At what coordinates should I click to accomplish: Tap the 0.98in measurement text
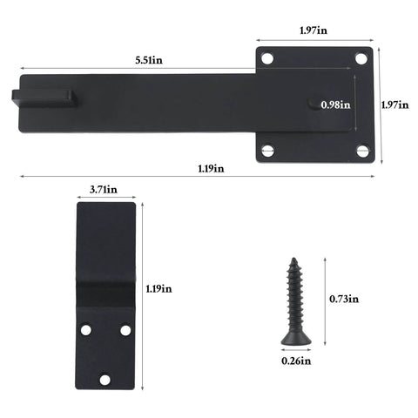click(335, 104)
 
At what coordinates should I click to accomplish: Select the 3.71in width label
click(103, 188)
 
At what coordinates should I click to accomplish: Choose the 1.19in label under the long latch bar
click(206, 167)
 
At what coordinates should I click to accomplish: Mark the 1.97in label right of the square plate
click(394, 104)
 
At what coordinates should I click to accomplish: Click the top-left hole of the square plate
click(268, 59)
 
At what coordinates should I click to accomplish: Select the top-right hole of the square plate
click(361, 59)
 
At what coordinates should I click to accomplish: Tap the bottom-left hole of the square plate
click(268, 151)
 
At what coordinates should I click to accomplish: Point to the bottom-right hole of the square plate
click(362, 151)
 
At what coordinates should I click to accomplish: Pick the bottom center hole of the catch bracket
click(105, 380)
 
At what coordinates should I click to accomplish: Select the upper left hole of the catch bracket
click(85, 331)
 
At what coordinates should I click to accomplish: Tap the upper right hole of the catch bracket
click(125, 331)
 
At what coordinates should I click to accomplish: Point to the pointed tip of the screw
click(293, 259)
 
